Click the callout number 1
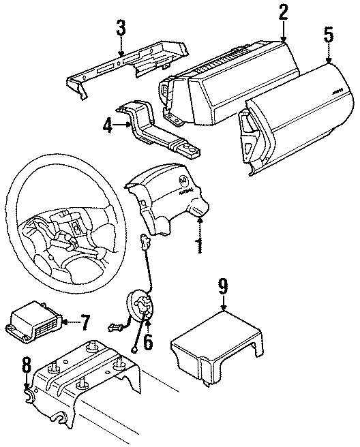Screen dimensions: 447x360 point(199,244)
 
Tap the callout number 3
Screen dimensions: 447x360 point(121,29)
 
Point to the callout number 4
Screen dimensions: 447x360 point(108,125)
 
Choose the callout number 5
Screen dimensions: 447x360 point(329,35)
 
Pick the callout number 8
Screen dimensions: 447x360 point(26,368)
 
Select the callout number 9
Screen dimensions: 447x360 point(222,285)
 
